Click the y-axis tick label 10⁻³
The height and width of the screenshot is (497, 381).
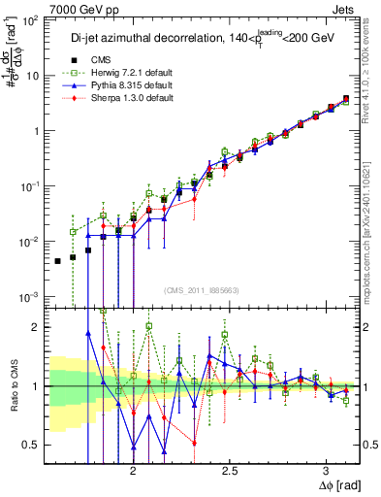[x=31, y=296]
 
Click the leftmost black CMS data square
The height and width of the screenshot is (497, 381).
[x=58, y=261]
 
